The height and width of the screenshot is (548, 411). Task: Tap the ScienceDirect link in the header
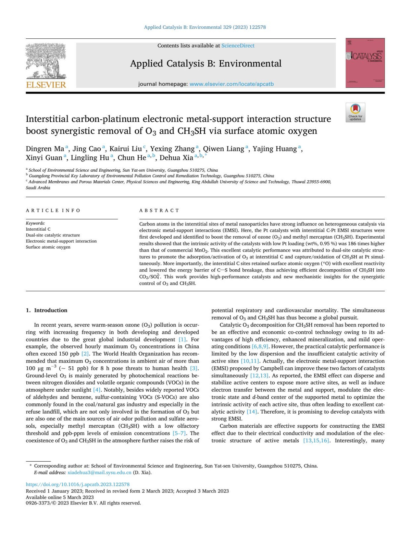click(x=238, y=46)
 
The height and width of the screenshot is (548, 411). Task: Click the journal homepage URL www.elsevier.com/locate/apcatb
click(x=232, y=84)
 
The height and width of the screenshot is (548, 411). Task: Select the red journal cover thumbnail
click(x=365, y=63)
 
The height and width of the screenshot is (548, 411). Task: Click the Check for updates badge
click(x=355, y=112)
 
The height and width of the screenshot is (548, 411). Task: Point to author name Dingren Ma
click(x=45, y=149)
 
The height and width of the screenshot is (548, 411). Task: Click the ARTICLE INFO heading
click(x=53, y=210)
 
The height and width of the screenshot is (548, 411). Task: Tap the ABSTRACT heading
click(x=159, y=210)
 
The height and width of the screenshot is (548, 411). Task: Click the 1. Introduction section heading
click(x=47, y=310)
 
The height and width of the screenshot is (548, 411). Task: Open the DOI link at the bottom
click(x=78, y=484)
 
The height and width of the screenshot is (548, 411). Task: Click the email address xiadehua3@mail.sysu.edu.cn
click(x=99, y=472)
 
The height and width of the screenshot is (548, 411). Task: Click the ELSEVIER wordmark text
click(x=46, y=85)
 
